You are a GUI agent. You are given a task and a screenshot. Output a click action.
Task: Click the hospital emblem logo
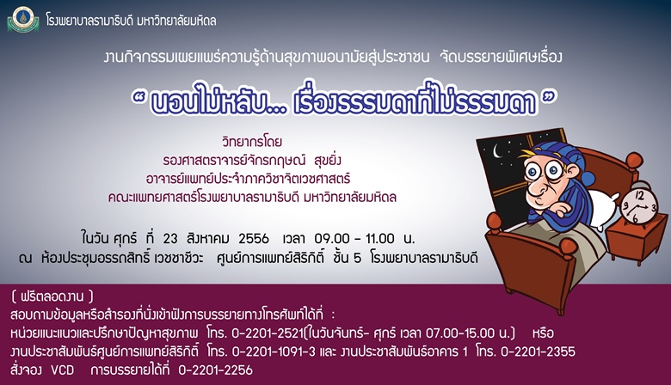[23, 20]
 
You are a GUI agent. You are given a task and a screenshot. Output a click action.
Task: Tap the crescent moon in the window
[497, 151]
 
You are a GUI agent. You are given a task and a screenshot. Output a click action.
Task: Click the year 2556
[254, 238]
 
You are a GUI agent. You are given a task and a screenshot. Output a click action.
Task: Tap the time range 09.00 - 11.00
[354, 238]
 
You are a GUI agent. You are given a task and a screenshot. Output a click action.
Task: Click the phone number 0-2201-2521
[268, 333]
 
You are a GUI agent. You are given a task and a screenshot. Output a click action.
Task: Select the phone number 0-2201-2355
[538, 351]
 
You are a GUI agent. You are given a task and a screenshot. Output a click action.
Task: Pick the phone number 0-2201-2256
[215, 370]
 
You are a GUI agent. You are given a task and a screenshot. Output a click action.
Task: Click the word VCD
[63, 370]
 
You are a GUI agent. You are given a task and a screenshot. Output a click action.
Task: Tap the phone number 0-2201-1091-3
[274, 351]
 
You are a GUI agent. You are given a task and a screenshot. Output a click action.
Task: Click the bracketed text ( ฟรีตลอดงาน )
[52, 296]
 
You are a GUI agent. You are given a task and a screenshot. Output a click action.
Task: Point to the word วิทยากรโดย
[252, 142]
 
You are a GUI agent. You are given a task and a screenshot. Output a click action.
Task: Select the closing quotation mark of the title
[550, 98]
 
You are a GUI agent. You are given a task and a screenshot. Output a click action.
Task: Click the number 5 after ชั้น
[358, 259]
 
